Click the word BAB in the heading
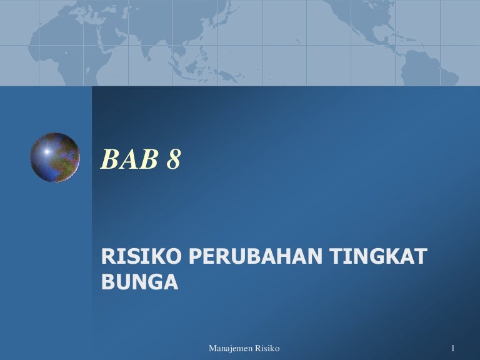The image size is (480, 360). [x=129, y=159]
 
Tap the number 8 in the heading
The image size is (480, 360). [x=174, y=159]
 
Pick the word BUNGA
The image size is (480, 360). [x=139, y=282]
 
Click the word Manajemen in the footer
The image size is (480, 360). [x=231, y=348]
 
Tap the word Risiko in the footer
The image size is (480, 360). [x=267, y=348]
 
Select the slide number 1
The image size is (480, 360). [x=452, y=348]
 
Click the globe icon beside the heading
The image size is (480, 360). [x=55, y=157]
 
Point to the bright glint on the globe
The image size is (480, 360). [x=47, y=151]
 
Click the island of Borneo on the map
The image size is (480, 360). [x=192, y=66]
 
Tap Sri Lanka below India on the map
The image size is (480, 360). [x=149, y=58]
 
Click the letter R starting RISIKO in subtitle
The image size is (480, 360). [x=107, y=256]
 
